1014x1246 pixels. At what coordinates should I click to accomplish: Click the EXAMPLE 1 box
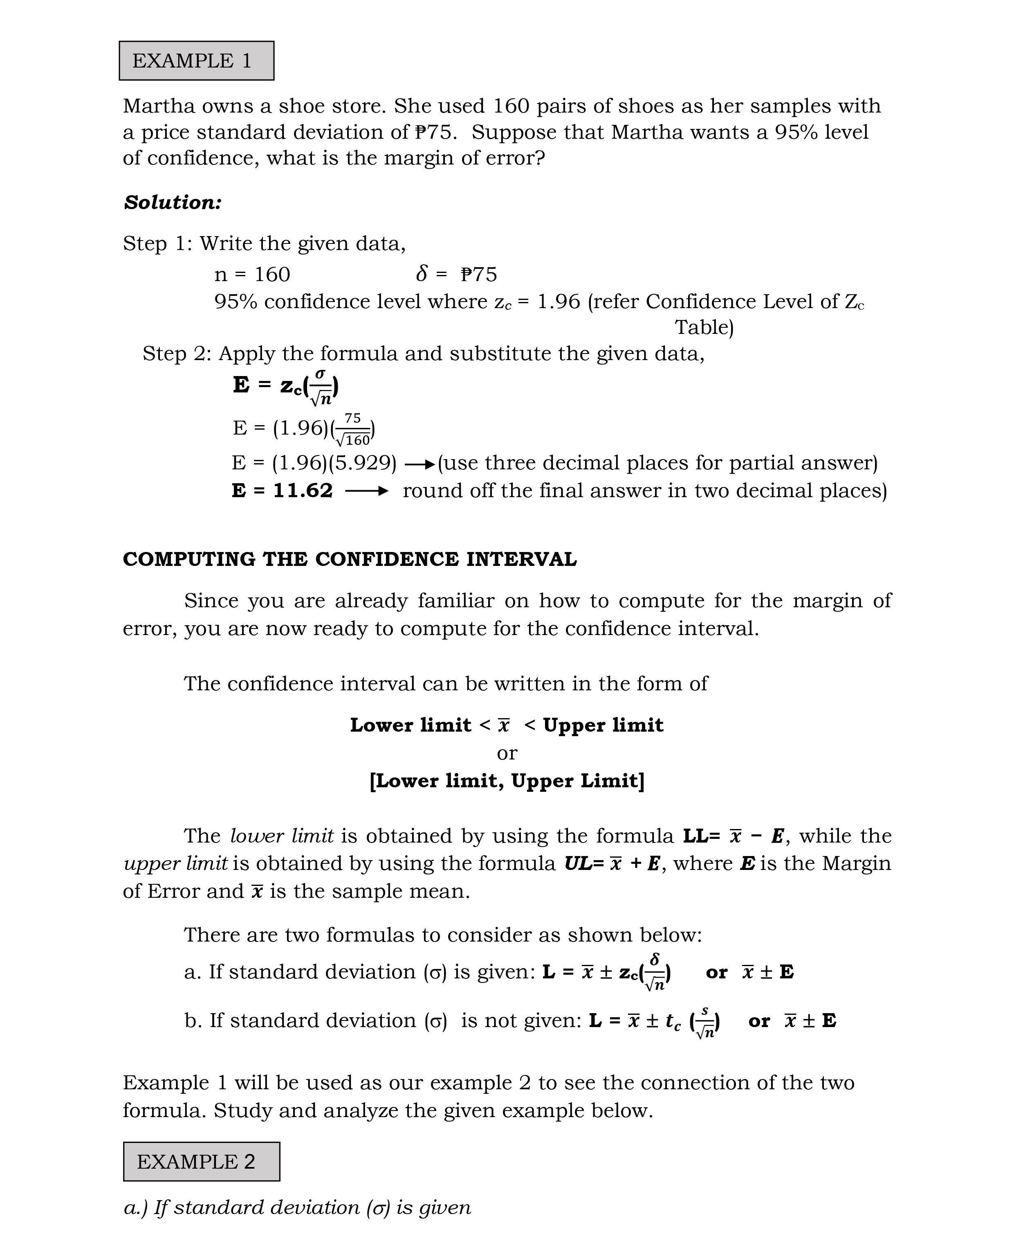pos(196,61)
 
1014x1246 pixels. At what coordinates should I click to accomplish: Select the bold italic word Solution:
pos(172,203)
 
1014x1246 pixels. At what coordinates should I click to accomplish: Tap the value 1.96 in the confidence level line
pos(558,302)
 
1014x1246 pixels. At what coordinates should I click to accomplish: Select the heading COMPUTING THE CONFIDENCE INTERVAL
pos(349,559)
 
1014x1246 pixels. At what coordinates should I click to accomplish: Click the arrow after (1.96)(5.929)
pos(420,464)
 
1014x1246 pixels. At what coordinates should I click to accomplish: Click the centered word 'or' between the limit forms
pos(507,753)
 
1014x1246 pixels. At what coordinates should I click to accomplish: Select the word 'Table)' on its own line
pos(704,327)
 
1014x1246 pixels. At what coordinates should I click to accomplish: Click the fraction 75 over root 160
pos(353,429)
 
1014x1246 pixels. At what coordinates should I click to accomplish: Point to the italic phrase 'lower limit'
pos(282,836)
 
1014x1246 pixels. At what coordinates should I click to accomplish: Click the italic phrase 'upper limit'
pos(175,863)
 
